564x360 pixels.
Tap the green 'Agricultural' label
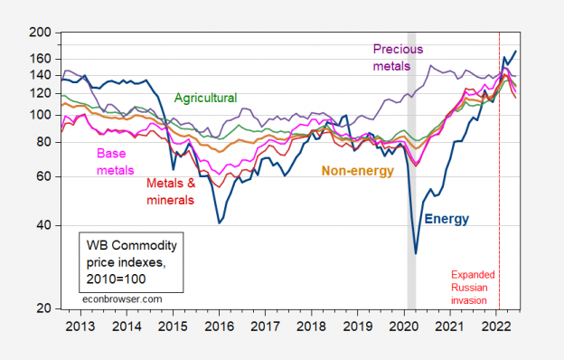click(205, 98)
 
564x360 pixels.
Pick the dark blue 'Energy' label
click(446, 218)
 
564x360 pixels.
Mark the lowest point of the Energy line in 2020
click(416, 253)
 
